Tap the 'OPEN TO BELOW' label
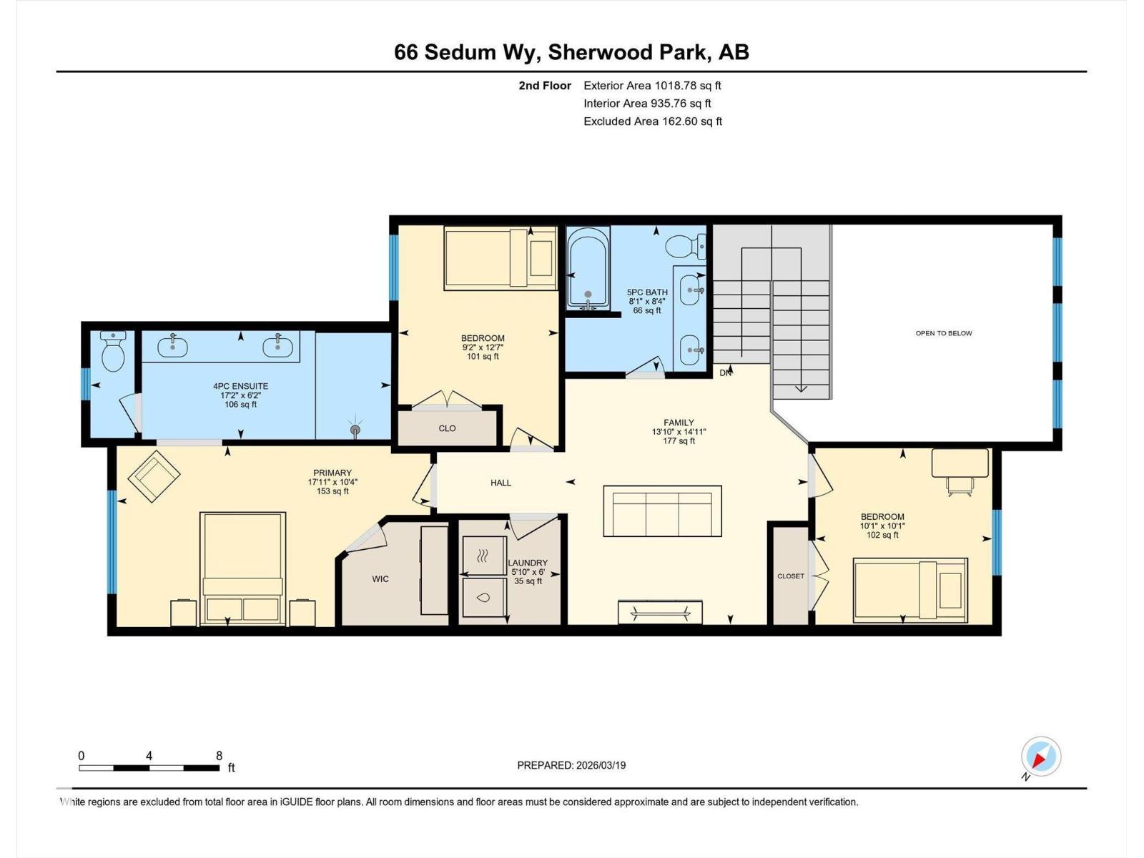[x=944, y=333]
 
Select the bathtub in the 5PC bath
[x=588, y=268]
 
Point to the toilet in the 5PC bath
[x=685, y=247]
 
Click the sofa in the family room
[x=662, y=511]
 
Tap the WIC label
[x=380, y=579]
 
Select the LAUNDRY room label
[x=528, y=563]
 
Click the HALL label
[x=500, y=483]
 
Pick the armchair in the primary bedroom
[x=154, y=476]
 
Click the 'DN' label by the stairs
[x=725, y=373]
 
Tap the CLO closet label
[x=447, y=428]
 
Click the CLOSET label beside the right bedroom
[x=791, y=576]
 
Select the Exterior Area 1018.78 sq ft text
[x=652, y=85]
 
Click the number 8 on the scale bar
[x=220, y=756]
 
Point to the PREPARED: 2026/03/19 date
[x=571, y=765]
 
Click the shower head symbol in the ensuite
[x=355, y=429]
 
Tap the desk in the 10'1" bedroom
[x=960, y=463]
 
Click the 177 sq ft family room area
[x=679, y=441]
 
